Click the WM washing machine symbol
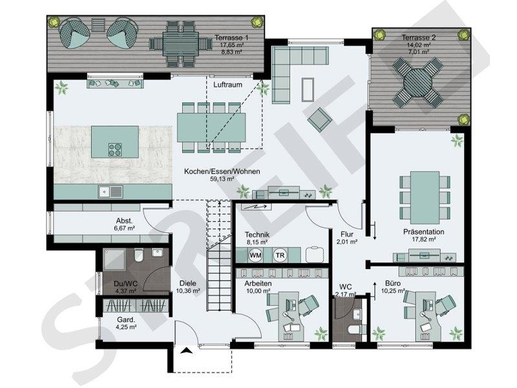point(256,255)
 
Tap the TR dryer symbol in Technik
point(280,255)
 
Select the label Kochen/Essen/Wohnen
point(222,171)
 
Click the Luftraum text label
point(227,85)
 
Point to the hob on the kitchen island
point(115,149)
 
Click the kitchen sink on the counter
point(111,191)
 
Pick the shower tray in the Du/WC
point(114,260)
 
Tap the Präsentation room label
point(424,232)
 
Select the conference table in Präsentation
point(425,198)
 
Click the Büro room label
point(393,283)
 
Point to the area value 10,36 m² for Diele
point(188,291)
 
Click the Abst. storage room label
point(124,221)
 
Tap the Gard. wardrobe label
point(126,319)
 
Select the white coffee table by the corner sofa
point(308,89)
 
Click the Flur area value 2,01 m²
point(347,241)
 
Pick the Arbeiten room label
point(258,283)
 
